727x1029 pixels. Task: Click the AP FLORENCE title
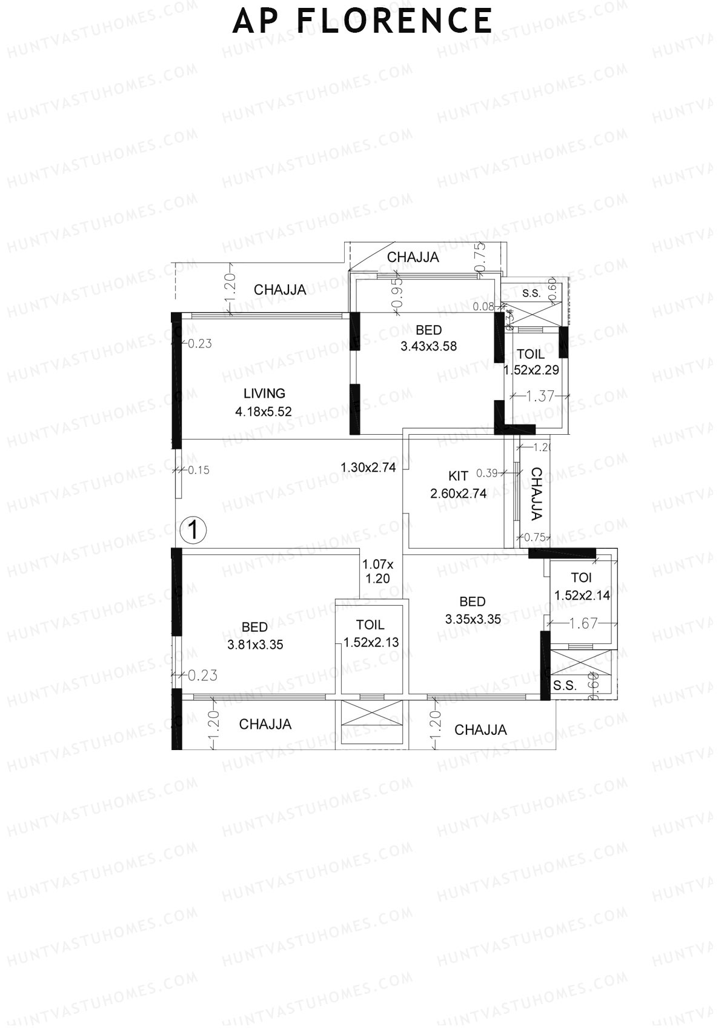click(362, 21)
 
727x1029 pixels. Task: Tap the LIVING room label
click(264, 394)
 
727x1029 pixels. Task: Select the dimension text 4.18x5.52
click(264, 412)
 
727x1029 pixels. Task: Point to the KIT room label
click(458, 476)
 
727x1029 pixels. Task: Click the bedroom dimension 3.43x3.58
click(428, 347)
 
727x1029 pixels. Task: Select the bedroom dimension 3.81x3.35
click(255, 645)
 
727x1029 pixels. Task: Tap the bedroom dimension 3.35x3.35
click(473, 619)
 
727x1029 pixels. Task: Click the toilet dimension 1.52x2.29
click(531, 370)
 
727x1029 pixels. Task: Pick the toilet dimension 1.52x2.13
click(371, 643)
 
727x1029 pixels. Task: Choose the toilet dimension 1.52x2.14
click(582, 595)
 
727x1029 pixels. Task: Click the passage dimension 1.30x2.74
click(368, 468)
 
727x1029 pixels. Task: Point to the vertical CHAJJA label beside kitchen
click(536, 494)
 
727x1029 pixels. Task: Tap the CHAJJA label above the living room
click(280, 290)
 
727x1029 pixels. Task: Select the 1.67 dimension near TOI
click(583, 623)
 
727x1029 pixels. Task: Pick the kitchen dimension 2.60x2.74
click(458, 494)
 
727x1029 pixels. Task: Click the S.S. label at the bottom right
click(565, 686)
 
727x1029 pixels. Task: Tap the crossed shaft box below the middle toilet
click(371, 721)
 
